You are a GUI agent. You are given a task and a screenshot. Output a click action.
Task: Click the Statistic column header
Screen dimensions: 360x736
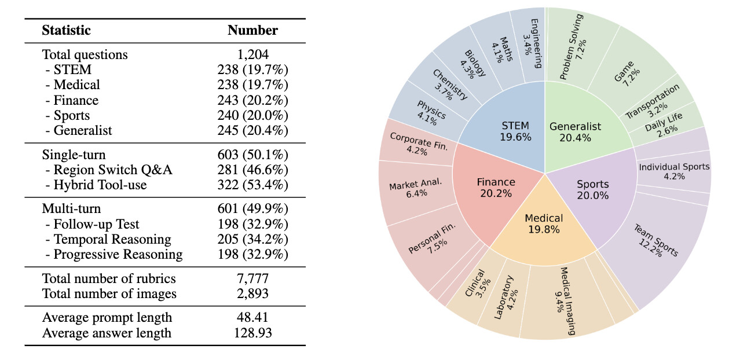click(x=66, y=31)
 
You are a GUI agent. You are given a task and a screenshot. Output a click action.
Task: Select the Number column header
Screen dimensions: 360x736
click(x=252, y=31)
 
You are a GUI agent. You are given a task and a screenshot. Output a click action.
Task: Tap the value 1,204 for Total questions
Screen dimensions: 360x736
click(x=252, y=55)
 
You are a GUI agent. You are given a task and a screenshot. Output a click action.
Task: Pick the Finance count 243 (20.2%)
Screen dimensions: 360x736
click(x=252, y=100)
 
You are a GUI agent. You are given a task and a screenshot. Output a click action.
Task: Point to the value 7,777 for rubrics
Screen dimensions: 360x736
click(x=252, y=279)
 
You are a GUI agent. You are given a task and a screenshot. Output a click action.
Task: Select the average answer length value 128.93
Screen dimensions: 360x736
click(x=252, y=333)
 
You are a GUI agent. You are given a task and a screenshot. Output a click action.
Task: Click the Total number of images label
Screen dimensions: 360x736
click(x=109, y=294)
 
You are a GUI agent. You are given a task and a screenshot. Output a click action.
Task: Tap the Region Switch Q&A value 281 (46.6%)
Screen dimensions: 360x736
click(x=252, y=170)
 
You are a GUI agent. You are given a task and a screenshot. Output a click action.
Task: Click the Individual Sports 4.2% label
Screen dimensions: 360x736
click(x=674, y=171)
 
